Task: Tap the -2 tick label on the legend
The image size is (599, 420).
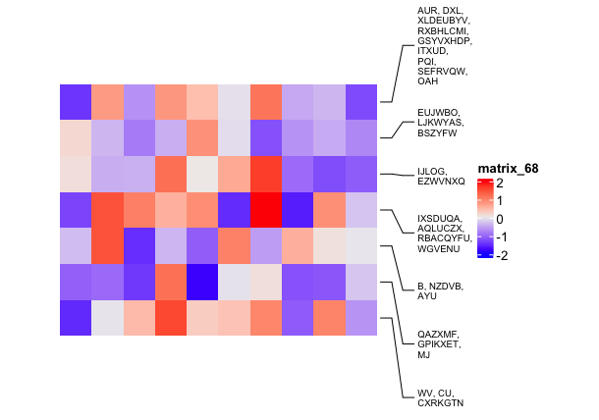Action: tap(502, 255)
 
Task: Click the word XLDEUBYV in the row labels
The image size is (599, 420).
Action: tap(443, 21)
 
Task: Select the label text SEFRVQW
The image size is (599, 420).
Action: tap(442, 72)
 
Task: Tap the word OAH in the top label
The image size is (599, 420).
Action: tap(428, 81)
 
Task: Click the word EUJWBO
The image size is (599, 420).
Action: tap(438, 112)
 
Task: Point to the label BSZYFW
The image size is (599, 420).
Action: tap(438, 132)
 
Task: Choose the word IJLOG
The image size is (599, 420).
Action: tap(432, 171)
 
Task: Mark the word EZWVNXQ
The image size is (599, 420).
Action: tap(441, 181)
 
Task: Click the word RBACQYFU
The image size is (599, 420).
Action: tap(445, 238)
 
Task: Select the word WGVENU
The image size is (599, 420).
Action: tap(438, 249)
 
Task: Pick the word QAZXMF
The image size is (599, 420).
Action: tap(438, 335)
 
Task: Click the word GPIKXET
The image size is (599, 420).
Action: tap(438, 344)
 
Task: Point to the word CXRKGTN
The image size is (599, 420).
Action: tap(440, 402)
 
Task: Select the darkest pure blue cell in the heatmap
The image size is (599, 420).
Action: tap(202, 282)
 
